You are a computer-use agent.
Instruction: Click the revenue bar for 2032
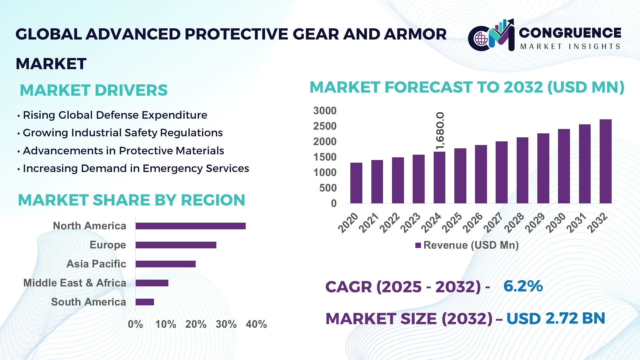click(x=605, y=161)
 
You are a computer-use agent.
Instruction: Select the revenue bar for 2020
click(x=356, y=183)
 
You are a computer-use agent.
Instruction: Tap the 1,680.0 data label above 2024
click(x=440, y=131)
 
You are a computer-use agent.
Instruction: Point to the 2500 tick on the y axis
click(x=325, y=126)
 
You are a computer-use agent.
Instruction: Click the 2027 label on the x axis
click(x=493, y=222)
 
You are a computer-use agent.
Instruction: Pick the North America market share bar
click(x=190, y=226)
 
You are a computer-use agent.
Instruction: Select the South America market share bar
click(x=145, y=302)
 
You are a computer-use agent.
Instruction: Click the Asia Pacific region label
click(x=96, y=264)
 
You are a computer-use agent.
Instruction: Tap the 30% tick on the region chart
click(x=226, y=324)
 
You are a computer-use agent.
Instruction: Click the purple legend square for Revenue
click(x=418, y=245)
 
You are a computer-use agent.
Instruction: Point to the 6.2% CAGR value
click(x=523, y=286)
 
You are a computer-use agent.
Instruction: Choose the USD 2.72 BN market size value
click(x=555, y=319)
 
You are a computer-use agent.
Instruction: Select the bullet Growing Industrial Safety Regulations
click(x=122, y=133)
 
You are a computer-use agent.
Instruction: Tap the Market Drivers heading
click(x=94, y=90)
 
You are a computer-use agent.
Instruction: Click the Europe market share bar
click(x=176, y=245)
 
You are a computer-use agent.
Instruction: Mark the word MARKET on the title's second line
click(x=51, y=64)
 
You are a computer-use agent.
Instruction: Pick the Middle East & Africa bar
click(x=152, y=283)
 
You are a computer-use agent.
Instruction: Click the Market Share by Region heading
click(x=131, y=200)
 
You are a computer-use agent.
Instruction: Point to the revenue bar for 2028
click(x=522, y=170)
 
